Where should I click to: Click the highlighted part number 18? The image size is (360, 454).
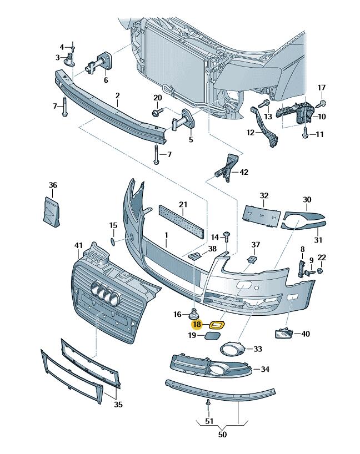coord(197,324)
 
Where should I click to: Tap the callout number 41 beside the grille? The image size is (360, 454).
coord(78,245)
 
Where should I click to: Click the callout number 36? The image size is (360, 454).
coord(53,185)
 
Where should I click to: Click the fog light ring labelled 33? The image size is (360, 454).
coord(230,350)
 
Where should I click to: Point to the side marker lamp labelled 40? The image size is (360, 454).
coord(283,334)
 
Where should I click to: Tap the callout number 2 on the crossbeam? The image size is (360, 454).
coord(118,95)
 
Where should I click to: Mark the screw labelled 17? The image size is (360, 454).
coord(322,103)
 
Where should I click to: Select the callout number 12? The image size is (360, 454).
coord(250,133)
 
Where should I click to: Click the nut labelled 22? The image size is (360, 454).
coord(322,271)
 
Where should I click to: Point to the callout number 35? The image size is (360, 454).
coord(118,405)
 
